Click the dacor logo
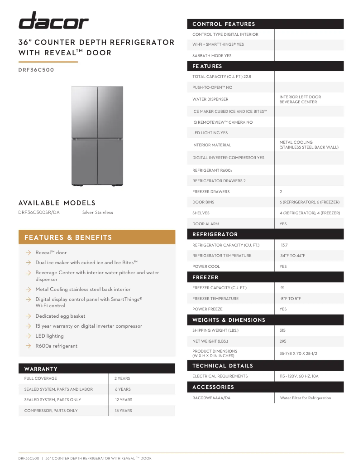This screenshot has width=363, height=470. click(x=53, y=21)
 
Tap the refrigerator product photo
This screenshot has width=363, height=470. click(x=97, y=136)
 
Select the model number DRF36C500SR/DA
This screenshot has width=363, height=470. click(x=39, y=213)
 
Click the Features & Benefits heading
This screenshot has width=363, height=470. click(x=68, y=237)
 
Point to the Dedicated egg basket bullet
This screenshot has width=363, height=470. click(x=60, y=316)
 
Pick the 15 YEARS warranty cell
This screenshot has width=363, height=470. click(x=123, y=411)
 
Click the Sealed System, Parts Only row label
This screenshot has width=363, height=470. click(x=53, y=400)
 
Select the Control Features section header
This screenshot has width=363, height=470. click(x=224, y=24)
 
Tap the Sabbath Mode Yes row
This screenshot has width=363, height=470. click(x=212, y=56)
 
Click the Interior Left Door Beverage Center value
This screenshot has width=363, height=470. click(x=300, y=99)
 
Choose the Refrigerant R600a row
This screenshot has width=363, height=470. click(x=212, y=170)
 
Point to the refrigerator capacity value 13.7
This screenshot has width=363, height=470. click(x=284, y=245)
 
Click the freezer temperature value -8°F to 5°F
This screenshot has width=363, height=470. click(x=290, y=299)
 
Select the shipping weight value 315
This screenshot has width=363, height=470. click(x=283, y=330)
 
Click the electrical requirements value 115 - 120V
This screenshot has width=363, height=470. click(x=299, y=376)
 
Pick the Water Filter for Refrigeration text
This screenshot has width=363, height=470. click(x=306, y=398)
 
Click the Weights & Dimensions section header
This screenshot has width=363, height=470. click(x=229, y=320)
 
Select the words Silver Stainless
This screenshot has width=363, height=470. click(x=98, y=213)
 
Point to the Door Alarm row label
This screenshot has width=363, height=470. click(x=205, y=224)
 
